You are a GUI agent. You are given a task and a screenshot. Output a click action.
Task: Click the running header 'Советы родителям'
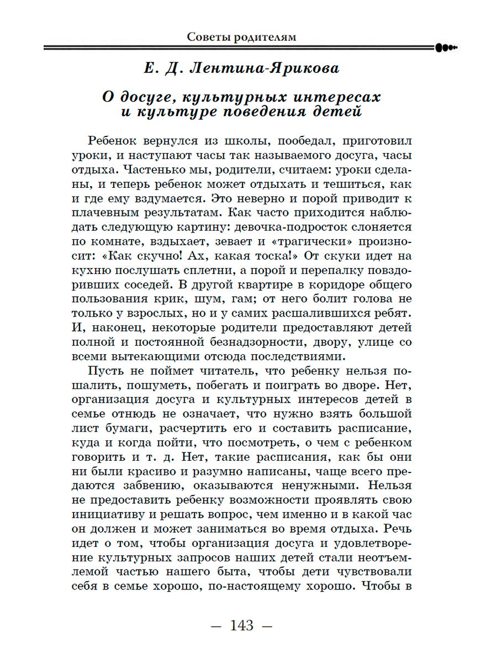pos(241,37)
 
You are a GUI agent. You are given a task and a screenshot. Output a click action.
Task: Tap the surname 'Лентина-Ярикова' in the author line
pos(265,69)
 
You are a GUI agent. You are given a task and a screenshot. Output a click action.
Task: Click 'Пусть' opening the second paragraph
pos(105,371)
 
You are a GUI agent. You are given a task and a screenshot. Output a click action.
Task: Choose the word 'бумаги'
pos(115,428)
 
